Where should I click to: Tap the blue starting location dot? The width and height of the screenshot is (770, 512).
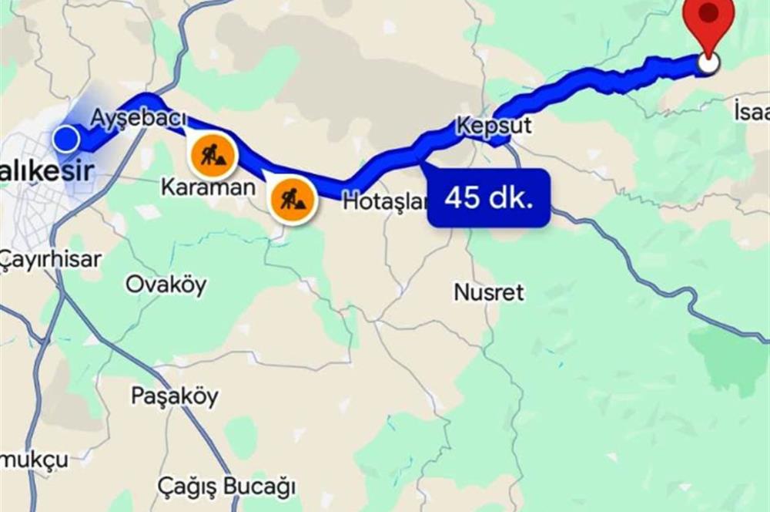click(x=67, y=140)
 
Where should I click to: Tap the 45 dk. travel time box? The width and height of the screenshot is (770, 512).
click(x=489, y=198)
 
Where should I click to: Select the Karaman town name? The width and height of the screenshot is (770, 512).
click(x=208, y=187)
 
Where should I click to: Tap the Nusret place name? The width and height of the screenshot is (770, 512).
click(x=489, y=292)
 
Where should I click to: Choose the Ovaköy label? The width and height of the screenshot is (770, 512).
click(x=166, y=285)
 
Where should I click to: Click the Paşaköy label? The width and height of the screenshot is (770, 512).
click(x=174, y=396)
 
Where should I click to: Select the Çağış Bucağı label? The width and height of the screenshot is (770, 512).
click(x=226, y=487)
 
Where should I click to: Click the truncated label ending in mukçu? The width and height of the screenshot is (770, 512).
click(x=34, y=460)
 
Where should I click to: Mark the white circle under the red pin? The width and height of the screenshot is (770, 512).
click(x=708, y=64)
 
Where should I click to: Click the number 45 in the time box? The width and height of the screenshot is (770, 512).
click(x=464, y=198)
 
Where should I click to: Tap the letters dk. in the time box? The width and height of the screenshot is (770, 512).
click(x=512, y=198)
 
